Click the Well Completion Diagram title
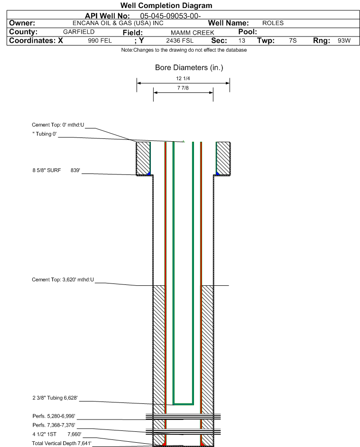[x=166, y=5]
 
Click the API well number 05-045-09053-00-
[x=170, y=16]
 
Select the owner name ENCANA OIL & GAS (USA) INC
[x=118, y=23]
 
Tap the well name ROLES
[x=273, y=23]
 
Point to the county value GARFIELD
[x=79, y=32]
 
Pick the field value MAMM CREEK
[x=192, y=33]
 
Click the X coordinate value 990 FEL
[x=100, y=41]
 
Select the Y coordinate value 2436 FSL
[x=180, y=41]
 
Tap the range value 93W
[x=344, y=40]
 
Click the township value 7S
[x=293, y=40]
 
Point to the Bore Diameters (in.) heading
[x=189, y=68]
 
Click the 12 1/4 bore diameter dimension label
[x=183, y=78]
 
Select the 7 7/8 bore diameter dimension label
[x=183, y=88]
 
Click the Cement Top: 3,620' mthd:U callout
[x=63, y=280]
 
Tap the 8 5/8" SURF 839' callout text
[x=56, y=170]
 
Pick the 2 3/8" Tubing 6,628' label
[x=55, y=398]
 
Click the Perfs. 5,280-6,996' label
[x=54, y=416]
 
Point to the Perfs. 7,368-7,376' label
[x=54, y=425]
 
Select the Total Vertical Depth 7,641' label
[x=62, y=443]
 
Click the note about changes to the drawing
[x=184, y=50]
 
